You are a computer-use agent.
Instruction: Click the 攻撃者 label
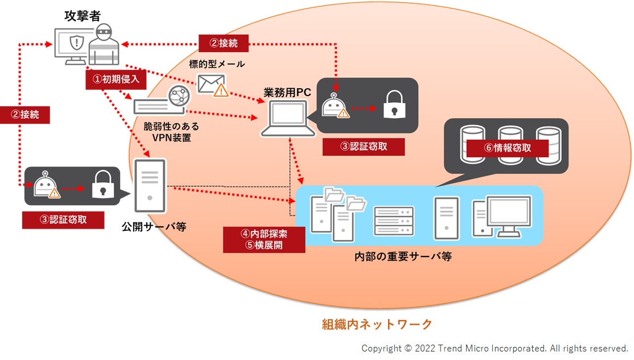83,16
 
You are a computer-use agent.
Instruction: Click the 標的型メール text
217,64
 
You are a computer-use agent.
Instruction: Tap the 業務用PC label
287,93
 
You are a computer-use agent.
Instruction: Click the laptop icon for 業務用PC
288,119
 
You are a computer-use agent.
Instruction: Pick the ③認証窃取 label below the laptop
364,147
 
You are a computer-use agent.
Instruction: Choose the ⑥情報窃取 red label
508,148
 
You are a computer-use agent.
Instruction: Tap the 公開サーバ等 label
154,227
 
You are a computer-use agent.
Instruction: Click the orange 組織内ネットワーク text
377,325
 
